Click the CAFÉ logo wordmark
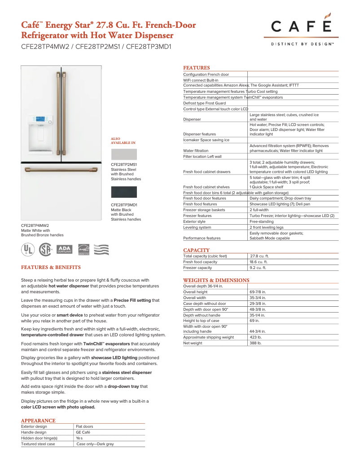coord(301,28)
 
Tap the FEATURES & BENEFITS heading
coord(51,267)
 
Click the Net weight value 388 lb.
coord(255,343)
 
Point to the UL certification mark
coord(28,249)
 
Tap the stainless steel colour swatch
coord(124,155)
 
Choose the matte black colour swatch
coord(124,192)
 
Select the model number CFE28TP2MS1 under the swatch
coord(124,165)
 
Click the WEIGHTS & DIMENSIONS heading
coord(216,280)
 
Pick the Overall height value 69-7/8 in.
coord(258,292)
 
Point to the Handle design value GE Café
coord(84,432)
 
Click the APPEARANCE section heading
coord(38,421)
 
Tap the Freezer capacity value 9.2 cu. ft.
coord(258,268)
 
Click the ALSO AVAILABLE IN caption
coord(123,141)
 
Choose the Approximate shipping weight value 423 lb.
coord(255,337)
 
